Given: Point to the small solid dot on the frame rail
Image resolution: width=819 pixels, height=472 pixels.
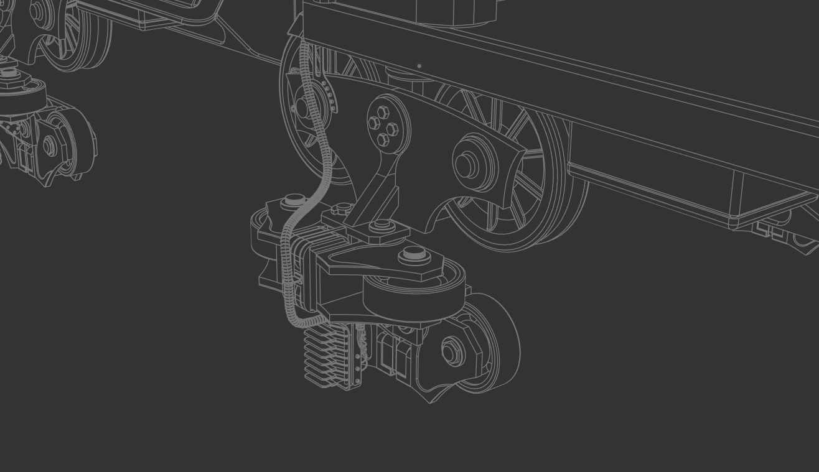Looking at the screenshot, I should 419,65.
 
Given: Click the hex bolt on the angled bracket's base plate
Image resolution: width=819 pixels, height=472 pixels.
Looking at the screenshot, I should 381,226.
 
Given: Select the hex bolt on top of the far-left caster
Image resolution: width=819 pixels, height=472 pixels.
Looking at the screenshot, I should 9,73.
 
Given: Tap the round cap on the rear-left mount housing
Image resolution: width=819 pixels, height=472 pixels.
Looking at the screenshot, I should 294,201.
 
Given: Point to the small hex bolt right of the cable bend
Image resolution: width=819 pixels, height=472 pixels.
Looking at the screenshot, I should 339,210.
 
